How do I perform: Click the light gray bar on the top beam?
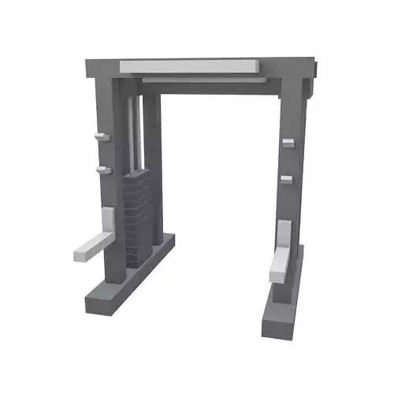tap(189, 65)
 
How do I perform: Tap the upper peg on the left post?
tap(98, 137)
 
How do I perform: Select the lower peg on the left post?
tap(102, 169)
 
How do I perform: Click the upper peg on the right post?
tap(287, 142)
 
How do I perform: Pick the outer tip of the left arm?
tap(80, 255)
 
